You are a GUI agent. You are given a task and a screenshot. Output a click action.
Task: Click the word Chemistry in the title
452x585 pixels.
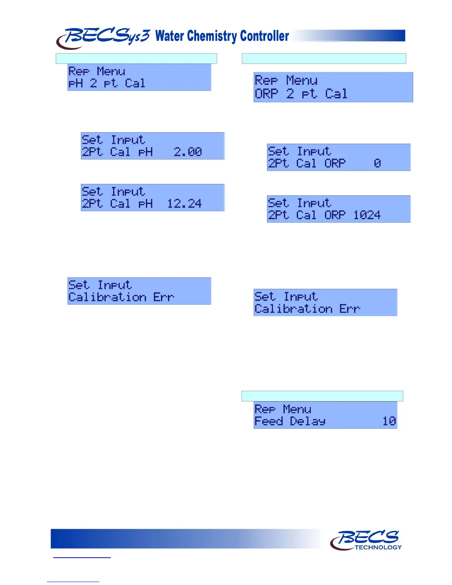pos(212,36)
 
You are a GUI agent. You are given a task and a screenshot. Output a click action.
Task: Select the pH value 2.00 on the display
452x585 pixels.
pos(188,152)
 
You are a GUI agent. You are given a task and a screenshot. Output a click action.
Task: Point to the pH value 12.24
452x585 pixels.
pos(184,203)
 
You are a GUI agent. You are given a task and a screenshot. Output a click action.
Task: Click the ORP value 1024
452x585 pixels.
pos(367,215)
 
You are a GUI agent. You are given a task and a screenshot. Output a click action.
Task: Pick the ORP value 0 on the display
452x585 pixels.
pos(377,163)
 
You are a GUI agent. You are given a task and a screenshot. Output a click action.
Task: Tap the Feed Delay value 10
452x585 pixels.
pos(389,421)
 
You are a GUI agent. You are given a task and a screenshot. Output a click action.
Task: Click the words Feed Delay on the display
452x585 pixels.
pos(290,421)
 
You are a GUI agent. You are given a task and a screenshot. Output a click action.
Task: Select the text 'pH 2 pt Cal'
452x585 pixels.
pos(107,83)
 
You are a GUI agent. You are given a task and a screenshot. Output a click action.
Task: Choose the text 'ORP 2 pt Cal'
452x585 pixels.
pos(301,94)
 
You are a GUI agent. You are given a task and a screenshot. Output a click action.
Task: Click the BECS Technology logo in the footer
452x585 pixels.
pos(366,540)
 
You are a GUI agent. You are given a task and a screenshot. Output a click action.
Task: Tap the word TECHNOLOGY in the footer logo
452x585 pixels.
pos(378,547)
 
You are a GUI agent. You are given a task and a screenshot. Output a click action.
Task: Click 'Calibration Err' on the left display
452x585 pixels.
pos(121,297)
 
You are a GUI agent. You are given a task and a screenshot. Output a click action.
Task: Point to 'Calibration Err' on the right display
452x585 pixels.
pos(307,309)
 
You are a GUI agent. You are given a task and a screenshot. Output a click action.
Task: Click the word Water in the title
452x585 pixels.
pos(169,36)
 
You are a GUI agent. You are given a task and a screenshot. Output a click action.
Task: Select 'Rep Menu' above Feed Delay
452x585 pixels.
pos(283,409)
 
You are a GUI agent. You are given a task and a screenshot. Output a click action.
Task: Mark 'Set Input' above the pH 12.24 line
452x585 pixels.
pos(113,192)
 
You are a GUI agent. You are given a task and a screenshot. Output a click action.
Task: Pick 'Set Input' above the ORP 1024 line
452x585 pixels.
pos(299,203)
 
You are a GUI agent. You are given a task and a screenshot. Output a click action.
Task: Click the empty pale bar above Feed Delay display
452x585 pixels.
pos(322,396)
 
